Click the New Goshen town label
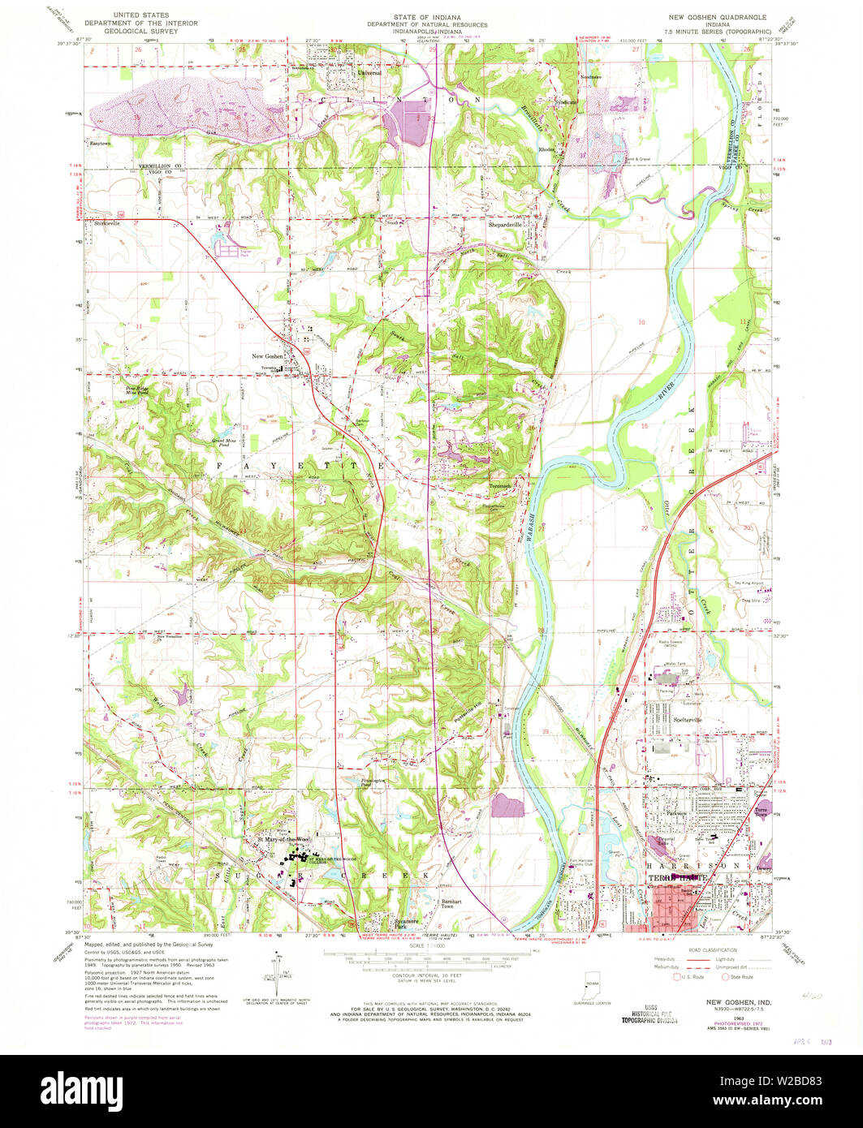267,357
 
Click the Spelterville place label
688,720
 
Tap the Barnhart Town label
451,903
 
